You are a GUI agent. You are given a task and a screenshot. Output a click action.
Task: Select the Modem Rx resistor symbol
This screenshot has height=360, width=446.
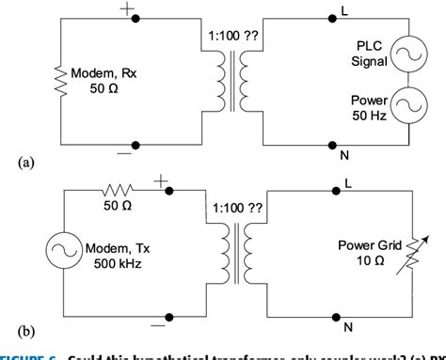coord(61,81)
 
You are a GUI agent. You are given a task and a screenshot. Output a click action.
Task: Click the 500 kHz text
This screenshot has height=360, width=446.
coord(109,266)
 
